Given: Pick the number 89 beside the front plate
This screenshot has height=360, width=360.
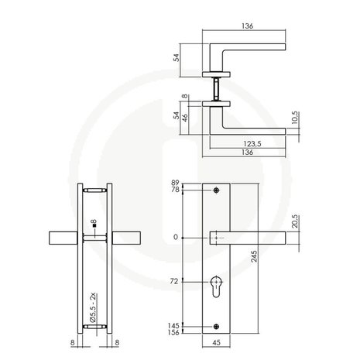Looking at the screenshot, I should click(x=175, y=182).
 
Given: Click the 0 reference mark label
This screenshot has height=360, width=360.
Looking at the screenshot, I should click(x=177, y=236).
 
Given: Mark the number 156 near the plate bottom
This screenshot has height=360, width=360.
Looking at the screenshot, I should click(x=173, y=333).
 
